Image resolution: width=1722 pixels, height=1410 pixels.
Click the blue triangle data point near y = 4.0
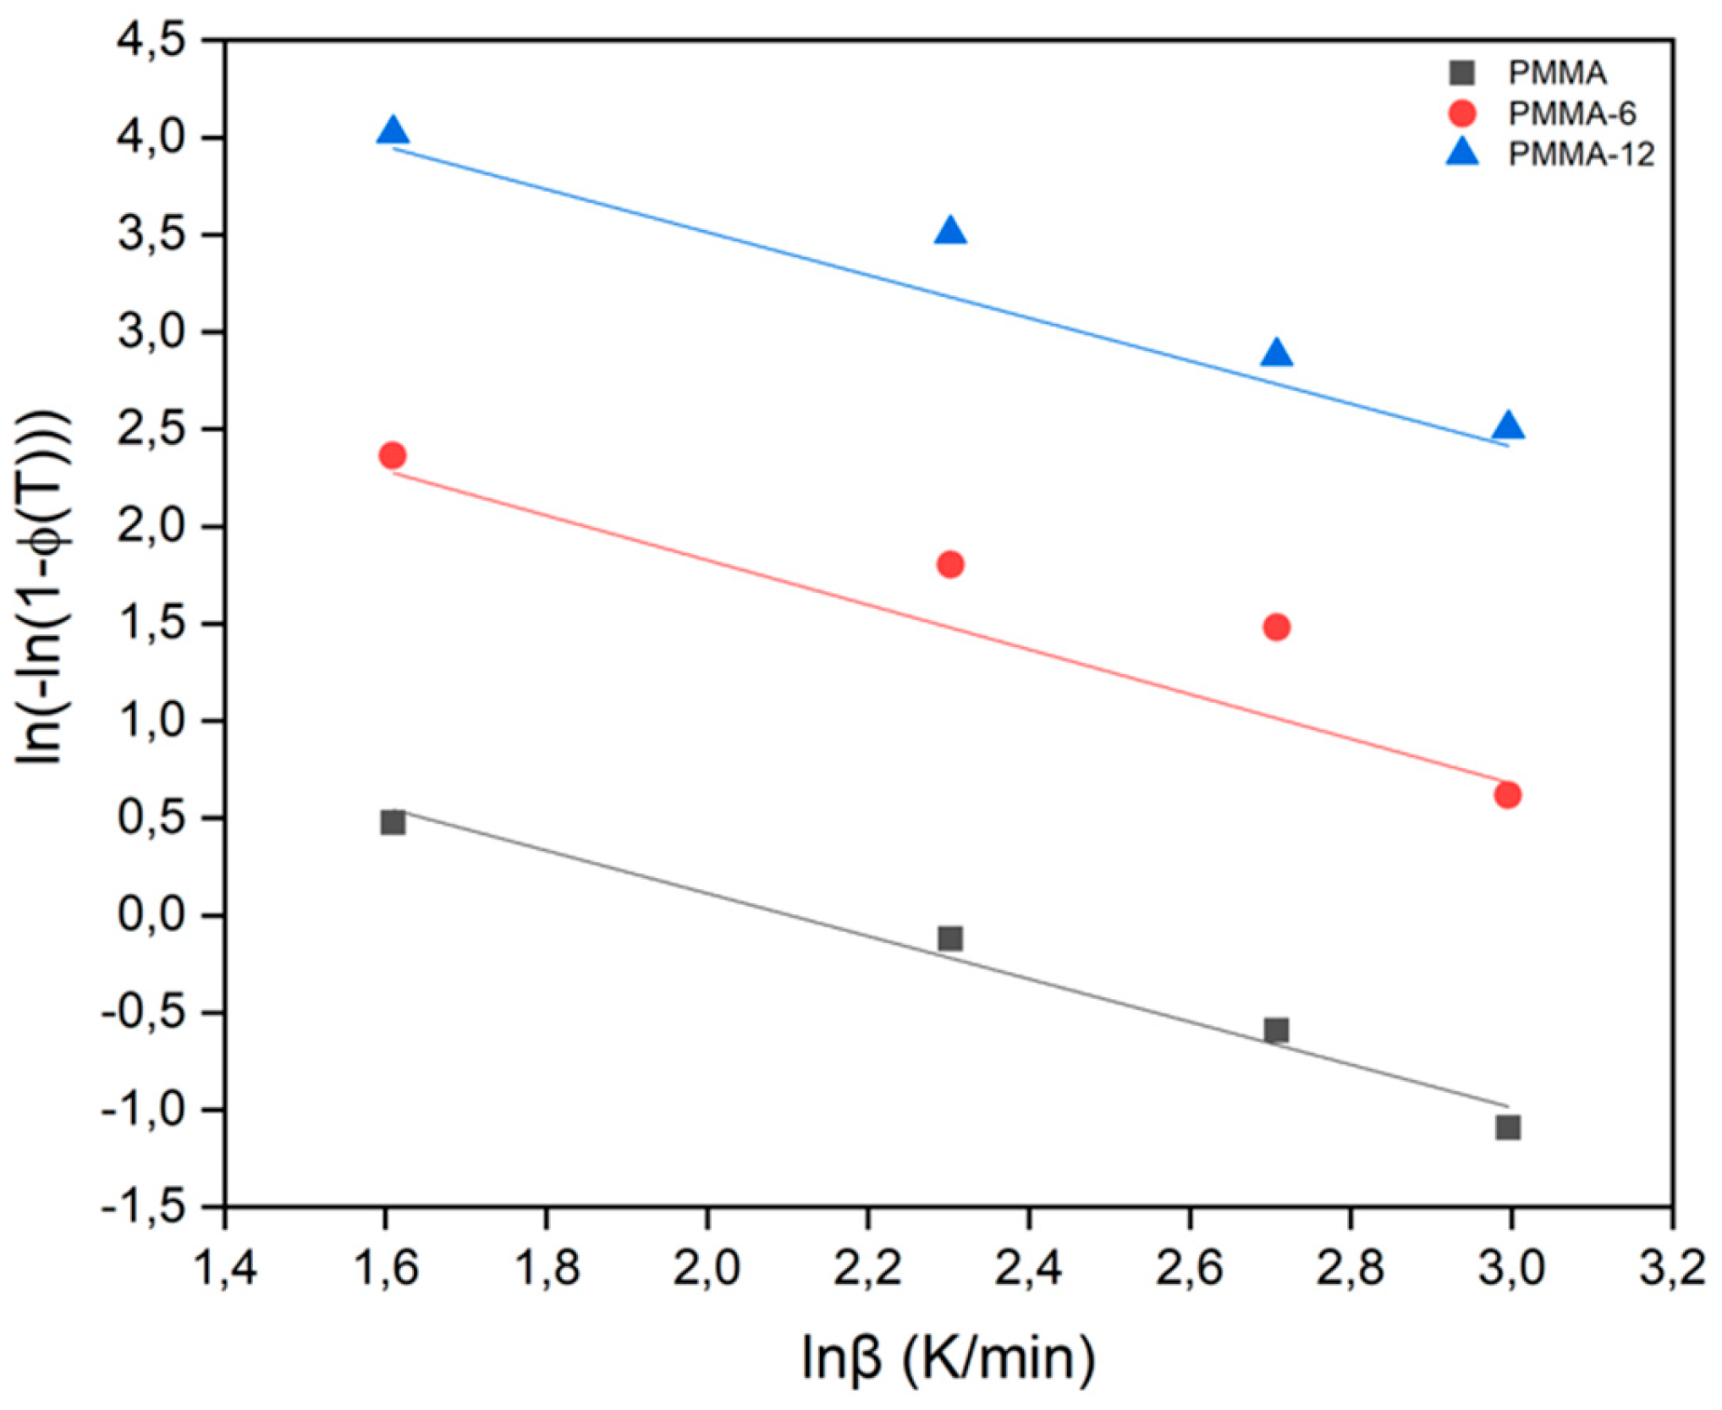tap(393, 132)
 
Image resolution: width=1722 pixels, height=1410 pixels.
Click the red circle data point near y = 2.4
tap(393, 456)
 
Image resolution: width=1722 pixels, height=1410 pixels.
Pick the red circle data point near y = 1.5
tap(1276, 628)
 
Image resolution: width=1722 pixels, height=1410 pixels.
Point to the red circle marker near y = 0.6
tap(1508, 795)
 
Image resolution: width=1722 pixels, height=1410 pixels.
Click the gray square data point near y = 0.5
tap(393, 822)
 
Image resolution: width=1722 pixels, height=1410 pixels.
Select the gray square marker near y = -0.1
tap(950, 939)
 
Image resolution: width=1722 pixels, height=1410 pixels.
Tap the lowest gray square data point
tap(1508, 1127)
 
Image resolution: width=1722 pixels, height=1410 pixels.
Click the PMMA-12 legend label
tap(1581, 155)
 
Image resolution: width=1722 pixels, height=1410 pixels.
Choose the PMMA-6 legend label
tap(1572, 113)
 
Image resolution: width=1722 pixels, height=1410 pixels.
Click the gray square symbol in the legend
tap(1462, 73)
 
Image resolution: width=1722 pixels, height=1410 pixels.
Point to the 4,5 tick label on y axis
tap(153, 41)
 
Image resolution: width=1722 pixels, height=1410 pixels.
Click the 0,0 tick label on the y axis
tap(153, 915)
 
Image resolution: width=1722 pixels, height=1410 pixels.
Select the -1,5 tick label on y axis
tap(144, 1208)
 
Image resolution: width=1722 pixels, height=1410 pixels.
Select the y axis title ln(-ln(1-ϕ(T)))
tap(42, 588)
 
